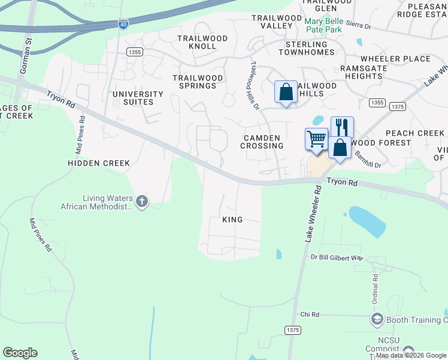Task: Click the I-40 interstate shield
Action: (123, 23)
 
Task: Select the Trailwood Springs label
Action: (198, 82)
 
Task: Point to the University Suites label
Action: (138, 98)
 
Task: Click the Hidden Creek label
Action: (99, 163)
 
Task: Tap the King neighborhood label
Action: (232, 220)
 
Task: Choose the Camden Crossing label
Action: (262, 142)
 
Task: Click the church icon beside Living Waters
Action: (141, 201)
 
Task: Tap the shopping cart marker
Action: (316, 139)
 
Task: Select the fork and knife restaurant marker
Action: (342, 127)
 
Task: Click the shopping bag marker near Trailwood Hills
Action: (286, 92)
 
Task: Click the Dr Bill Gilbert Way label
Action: (337, 258)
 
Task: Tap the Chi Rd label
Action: (310, 314)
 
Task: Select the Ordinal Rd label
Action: (375, 289)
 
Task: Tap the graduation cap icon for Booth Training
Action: (377, 319)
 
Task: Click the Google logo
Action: (20, 353)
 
